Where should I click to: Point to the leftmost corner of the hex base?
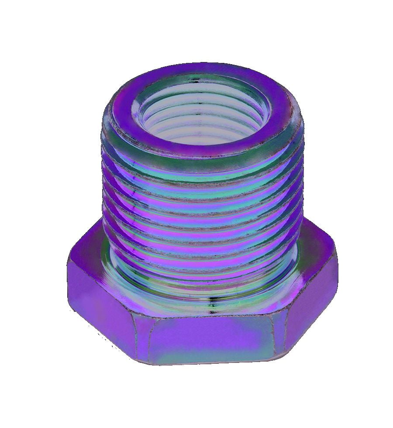point(69,262)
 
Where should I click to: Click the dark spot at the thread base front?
point(211,306)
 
